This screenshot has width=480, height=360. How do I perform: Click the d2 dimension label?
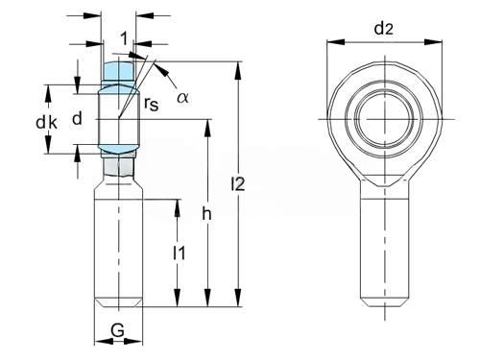point(383,29)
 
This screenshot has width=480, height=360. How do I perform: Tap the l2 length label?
point(238,183)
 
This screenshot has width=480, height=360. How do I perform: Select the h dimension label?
point(206,213)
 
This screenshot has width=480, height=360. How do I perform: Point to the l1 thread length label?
point(180,253)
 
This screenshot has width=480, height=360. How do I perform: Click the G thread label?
point(117,330)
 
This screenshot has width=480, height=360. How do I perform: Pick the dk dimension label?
point(47,123)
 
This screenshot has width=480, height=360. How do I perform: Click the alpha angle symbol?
point(182,97)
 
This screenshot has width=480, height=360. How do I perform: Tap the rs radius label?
point(152,103)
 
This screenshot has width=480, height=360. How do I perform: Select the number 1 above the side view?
point(124,38)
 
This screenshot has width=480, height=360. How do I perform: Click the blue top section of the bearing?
point(118,71)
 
